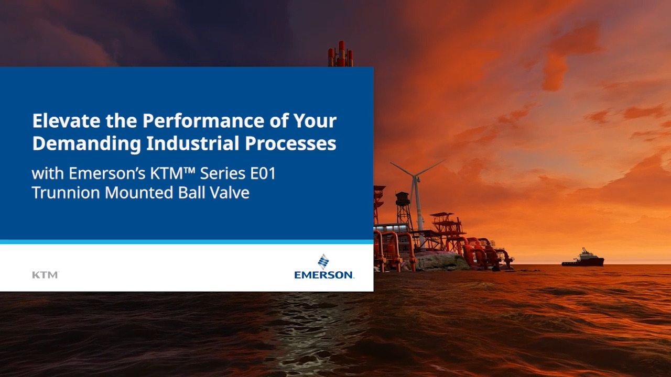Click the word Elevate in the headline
point(66,120)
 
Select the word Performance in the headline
point(203,120)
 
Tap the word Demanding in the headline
point(86,144)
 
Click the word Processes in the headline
point(290,143)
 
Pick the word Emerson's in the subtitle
point(107,173)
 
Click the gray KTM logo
point(46,275)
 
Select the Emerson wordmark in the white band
point(324,275)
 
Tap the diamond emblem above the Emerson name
point(323,261)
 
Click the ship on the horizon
point(583,258)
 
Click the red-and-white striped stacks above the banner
point(341,54)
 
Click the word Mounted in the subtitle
point(139,192)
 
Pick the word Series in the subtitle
point(223,173)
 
